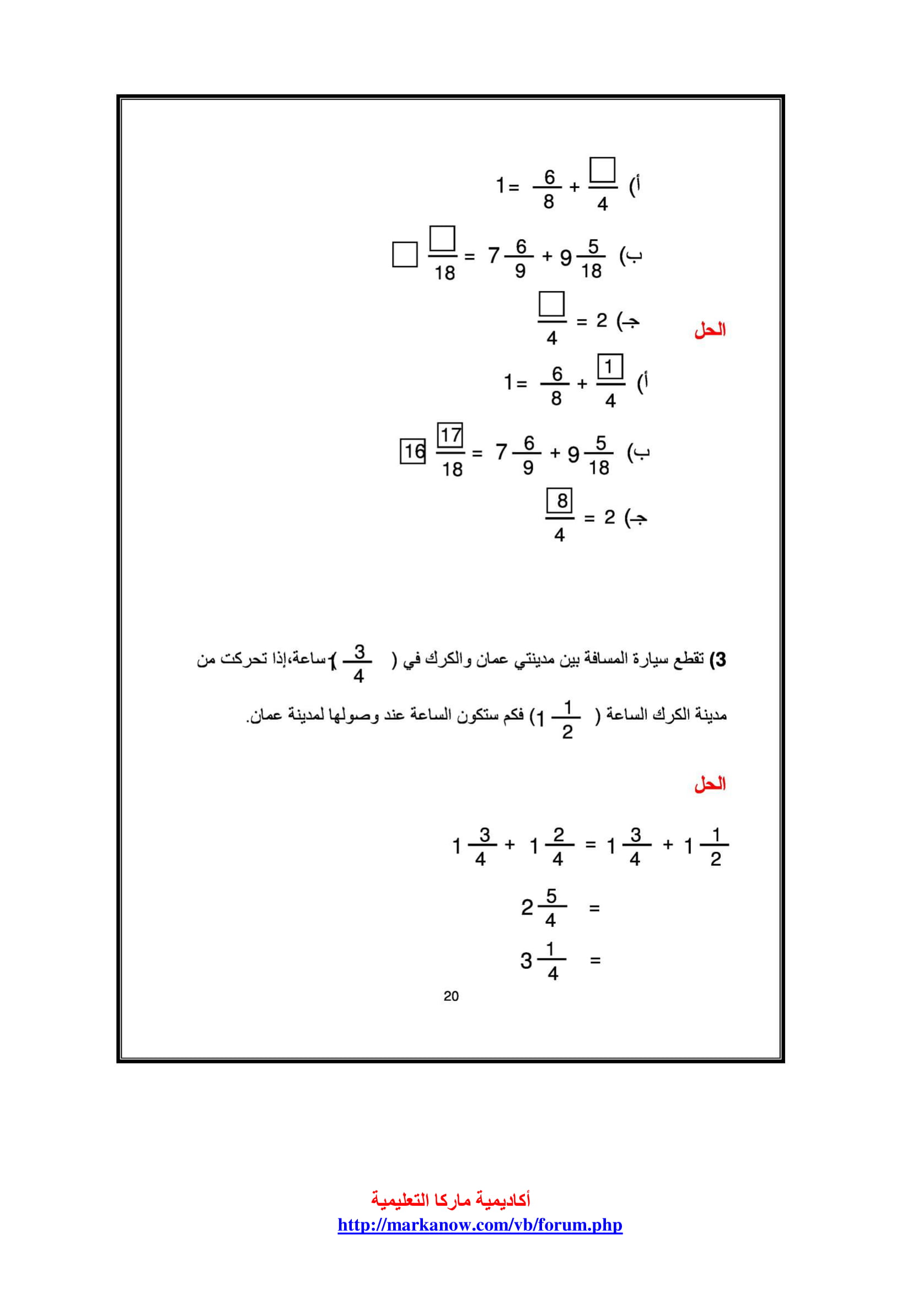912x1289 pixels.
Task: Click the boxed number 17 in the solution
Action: pos(450,435)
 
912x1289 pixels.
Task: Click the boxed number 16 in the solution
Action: pos(413,451)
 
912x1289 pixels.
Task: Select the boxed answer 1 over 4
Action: pos(610,367)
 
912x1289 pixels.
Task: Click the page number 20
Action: pos(451,996)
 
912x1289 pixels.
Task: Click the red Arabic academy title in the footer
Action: pos(451,1200)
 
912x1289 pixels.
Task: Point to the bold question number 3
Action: pos(718,660)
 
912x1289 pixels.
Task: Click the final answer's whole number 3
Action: pos(525,961)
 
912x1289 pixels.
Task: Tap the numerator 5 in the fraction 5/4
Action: pos(551,897)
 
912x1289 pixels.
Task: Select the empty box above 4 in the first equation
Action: pos(603,170)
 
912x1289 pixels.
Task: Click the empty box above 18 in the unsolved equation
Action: pos(442,239)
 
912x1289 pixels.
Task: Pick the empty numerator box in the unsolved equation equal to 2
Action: pos(551,304)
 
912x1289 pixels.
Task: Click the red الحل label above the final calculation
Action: pos(710,784)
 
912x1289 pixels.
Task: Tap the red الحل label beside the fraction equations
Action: pos(710,330)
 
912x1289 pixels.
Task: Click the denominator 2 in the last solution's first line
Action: pos(716,860)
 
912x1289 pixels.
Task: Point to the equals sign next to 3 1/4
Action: pos(596,961)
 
